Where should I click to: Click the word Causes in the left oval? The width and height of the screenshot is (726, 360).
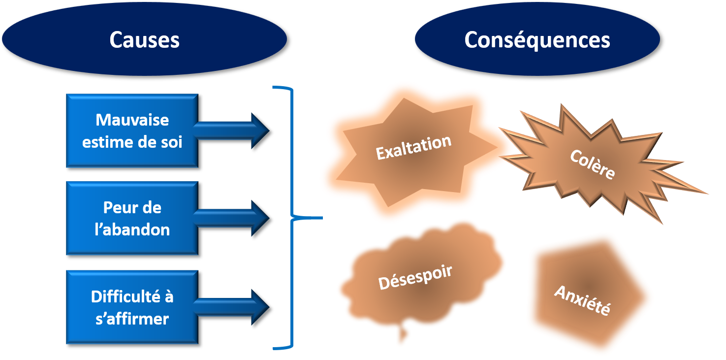pos(144,40)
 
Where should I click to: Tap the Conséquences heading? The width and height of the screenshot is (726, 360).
pos(537,40)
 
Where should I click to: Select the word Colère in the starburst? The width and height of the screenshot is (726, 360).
pos(592,164)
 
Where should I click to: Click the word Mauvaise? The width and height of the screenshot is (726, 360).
pos(132,120)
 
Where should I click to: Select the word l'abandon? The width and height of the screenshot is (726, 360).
pos(132,229)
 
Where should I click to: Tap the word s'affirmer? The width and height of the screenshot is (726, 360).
pos(132,319)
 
